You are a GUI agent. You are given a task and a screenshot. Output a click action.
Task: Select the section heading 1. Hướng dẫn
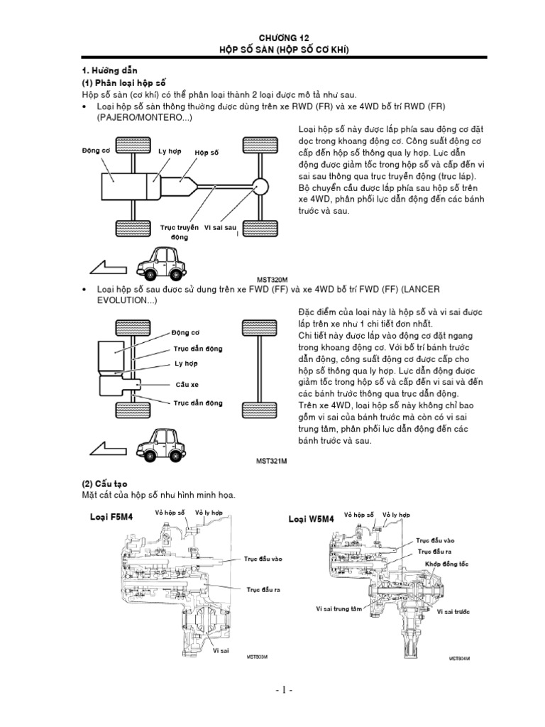(x=108, y=71)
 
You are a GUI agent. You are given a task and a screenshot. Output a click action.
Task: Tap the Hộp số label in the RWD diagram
(x=207, y=153)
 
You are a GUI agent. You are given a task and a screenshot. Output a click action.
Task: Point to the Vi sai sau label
(x=219, y=227)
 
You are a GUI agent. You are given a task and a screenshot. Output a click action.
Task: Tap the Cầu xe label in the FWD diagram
(x=186, y=383)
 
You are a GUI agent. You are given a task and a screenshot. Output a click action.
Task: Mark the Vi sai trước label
(x=456, y=611)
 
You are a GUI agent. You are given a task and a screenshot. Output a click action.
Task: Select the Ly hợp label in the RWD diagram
(x=170, y=153)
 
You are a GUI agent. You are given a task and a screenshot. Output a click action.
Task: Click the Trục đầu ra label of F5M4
(x=264, y=589)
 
